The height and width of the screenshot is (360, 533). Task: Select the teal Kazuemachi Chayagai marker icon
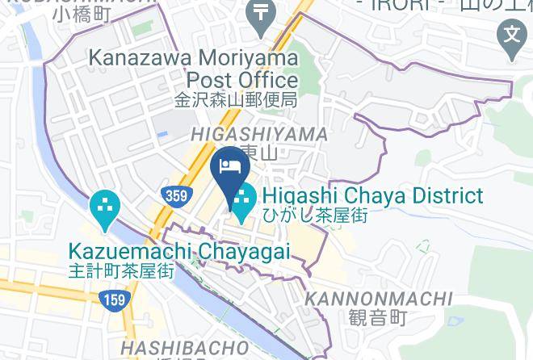click(x=105, y=210)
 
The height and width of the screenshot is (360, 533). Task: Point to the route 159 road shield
click(x=111, y=301)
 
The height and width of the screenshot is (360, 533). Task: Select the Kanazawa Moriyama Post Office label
click(x=193, y=69)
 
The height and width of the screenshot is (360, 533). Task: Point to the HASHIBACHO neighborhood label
click(x=183, y=347)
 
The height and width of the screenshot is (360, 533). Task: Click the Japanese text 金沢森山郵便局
click(x=237, y=101)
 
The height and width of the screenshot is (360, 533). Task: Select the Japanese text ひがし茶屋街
click(x=316, y=216)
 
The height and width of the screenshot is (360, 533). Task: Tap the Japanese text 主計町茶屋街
click(x=122, y=271)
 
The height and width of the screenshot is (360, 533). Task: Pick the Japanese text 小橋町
click(x=82, y=14)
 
